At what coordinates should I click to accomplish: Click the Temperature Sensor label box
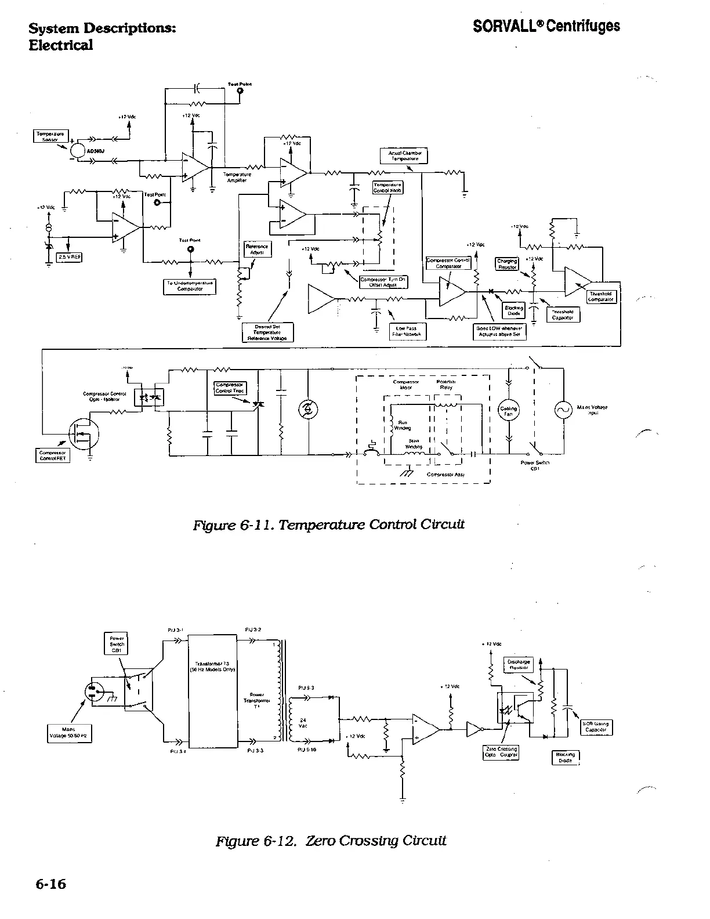click(52, 136)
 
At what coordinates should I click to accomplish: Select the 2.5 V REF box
click(68, 256)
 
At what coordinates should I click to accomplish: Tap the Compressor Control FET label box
click(53, 455)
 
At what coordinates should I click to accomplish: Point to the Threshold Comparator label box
click(600, 296)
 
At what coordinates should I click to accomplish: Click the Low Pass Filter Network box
click(406, 331)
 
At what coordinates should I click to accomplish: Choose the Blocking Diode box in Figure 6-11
click(514, 310)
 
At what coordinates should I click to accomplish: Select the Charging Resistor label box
click(508, 264)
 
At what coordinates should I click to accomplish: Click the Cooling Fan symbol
click(509, 411)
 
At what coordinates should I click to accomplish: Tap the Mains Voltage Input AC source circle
click(563, 410)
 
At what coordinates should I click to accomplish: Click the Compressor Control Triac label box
click(231, 388)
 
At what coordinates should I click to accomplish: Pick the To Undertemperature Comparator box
click(190, 286)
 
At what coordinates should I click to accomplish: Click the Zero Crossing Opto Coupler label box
click(501, 752)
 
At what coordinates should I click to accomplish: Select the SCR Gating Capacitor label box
click(596, 727)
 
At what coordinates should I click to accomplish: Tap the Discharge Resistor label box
click(519, 664)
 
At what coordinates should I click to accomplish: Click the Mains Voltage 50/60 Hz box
click(68, 734)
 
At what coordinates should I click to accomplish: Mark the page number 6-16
click(50, 884)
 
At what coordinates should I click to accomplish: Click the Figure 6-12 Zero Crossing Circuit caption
click(331, 840)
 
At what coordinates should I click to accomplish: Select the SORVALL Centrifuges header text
click(546, 26)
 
